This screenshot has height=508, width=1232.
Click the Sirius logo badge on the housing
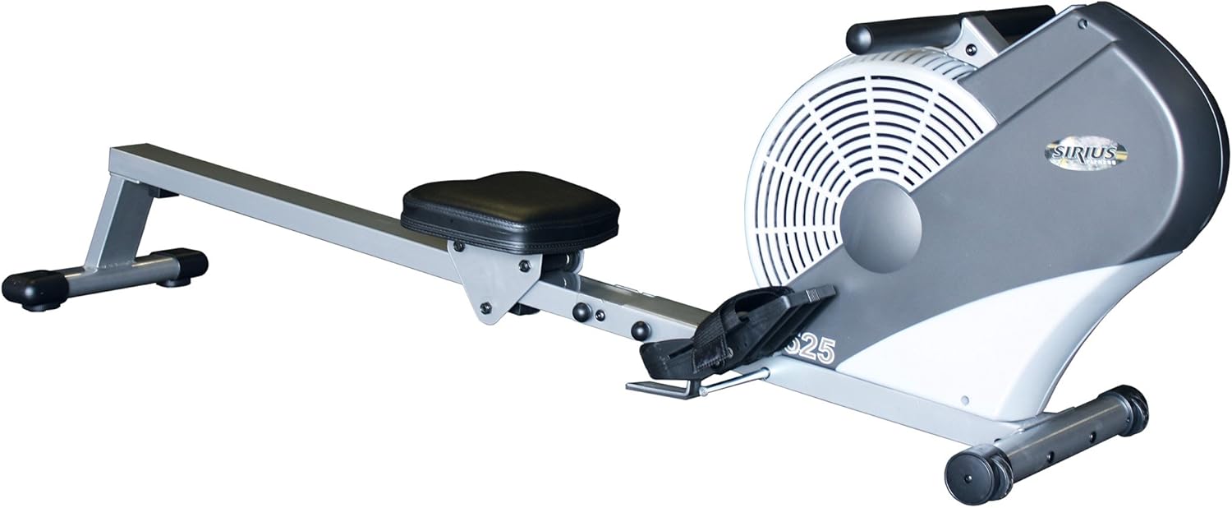click(1084, 153)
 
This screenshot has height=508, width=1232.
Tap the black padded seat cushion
click(510, 209)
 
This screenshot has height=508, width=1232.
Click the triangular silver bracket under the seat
click(493, 279)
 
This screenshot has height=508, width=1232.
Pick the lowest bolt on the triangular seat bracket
click(485, 307)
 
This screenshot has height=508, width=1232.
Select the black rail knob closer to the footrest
click(640, 330)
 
